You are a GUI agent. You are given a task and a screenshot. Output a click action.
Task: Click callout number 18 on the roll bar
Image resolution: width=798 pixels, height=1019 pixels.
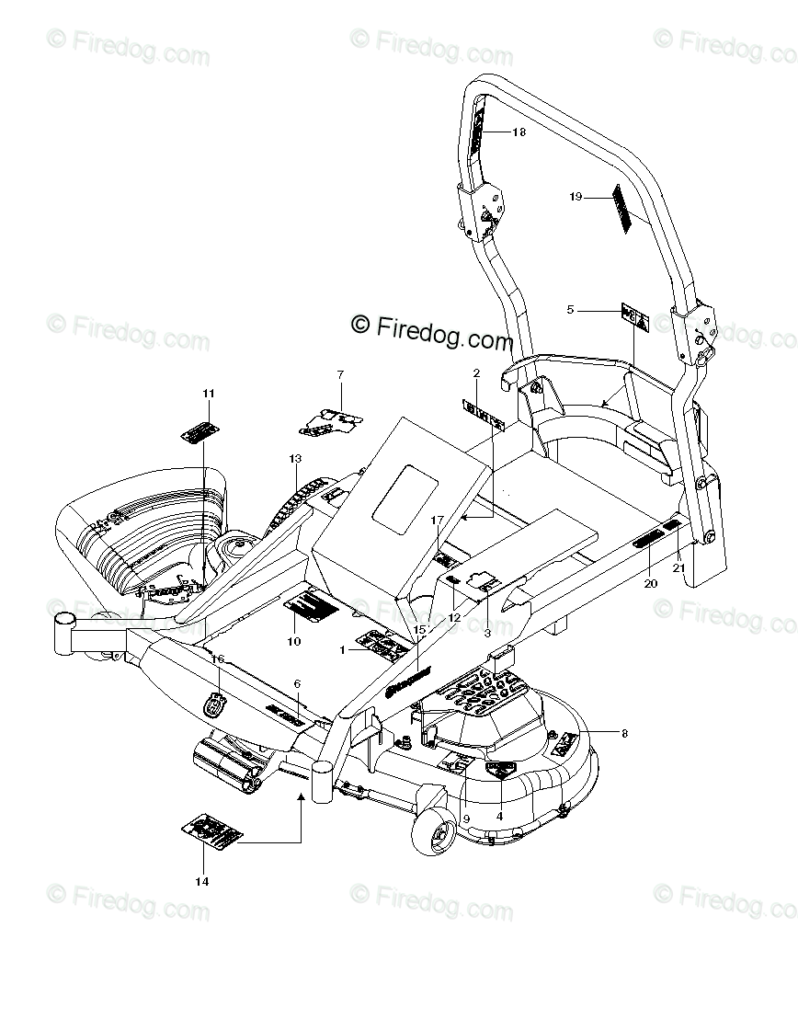pos(519,132)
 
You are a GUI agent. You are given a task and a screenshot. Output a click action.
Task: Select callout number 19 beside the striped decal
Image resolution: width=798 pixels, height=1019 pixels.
pos(576,196)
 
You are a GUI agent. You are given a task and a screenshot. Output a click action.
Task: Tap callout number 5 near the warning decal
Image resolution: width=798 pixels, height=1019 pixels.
pos(571,310)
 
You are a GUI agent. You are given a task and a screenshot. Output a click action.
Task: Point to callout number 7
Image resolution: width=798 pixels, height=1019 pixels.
pos(339,374)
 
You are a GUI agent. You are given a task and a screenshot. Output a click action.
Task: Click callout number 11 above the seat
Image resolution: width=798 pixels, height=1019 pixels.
pos(209,394)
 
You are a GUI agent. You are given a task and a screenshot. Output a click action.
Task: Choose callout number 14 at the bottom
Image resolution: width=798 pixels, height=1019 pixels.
pos(202,881)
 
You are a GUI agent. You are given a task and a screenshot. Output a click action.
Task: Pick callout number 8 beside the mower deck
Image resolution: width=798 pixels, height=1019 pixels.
pos(625,733)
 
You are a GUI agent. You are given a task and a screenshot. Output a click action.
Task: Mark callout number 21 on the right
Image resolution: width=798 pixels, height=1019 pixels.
pos(679,567)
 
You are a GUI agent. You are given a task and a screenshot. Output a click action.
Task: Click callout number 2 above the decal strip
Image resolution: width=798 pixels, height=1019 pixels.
pos(476,372)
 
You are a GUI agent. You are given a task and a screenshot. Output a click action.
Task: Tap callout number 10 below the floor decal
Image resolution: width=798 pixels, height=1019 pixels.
pos(294,641)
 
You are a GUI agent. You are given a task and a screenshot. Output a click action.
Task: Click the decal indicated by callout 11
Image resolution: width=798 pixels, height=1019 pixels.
pos(199,430)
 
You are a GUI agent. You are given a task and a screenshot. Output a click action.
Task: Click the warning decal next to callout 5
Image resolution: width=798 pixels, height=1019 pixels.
pos(635,318)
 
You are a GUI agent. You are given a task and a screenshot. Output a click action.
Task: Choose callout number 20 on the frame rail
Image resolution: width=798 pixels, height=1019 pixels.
pos(651,583)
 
